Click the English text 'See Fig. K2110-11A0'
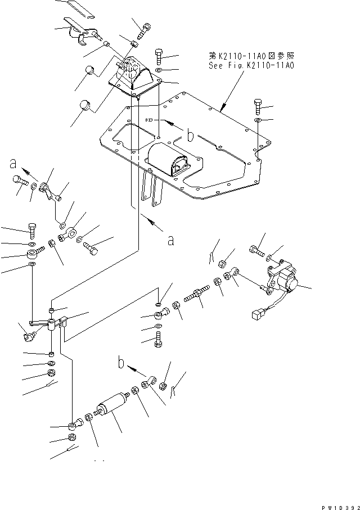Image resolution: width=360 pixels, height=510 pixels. (x=251, y=66)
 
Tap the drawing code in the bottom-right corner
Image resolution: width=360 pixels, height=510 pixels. (x=341, y=507)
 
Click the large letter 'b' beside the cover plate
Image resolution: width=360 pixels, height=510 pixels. (x=191, y=136)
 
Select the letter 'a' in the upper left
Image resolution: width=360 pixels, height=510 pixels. (x=13, y=164)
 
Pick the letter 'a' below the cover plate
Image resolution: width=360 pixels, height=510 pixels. (x=171, y=241)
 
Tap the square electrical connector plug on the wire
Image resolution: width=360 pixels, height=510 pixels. (x=256, y=314)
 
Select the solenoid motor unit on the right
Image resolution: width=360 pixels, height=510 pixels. (x=281, y=280)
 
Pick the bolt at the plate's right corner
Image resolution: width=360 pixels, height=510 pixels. (x=258, y=107)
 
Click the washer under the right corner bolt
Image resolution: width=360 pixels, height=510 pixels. (x=258, y=121)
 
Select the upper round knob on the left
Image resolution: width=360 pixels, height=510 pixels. (x=89, y=70)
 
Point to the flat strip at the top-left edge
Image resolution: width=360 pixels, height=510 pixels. (x=81, y=8)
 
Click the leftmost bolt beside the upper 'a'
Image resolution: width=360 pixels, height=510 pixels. (x=20, y=182)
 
